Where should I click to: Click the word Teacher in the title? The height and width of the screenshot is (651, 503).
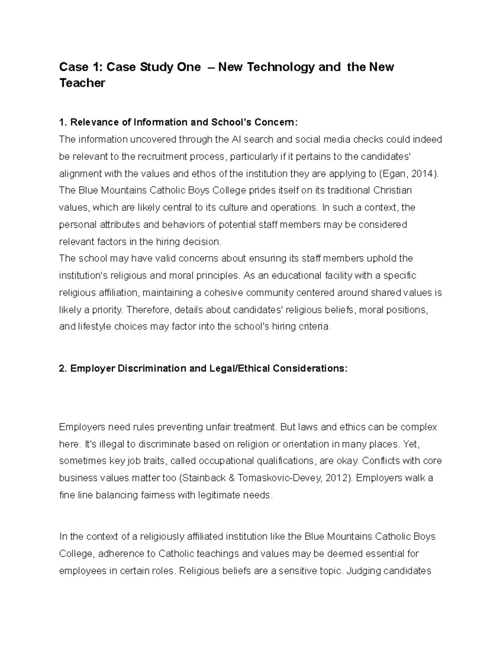point(82,83)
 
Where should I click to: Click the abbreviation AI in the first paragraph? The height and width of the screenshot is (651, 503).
point(236,139)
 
